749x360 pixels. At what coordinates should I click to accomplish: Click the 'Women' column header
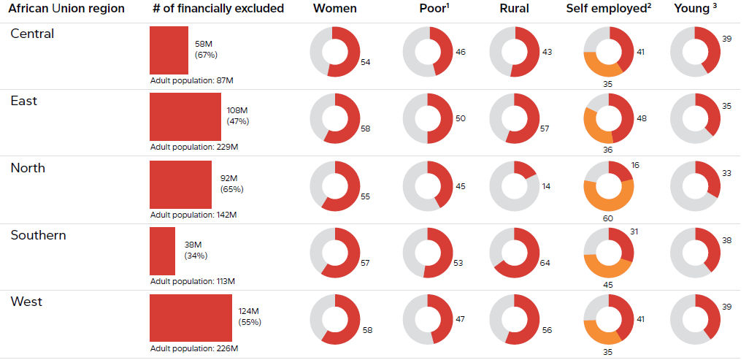tap(335, 9)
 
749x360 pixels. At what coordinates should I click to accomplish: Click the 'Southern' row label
tap(38, 235)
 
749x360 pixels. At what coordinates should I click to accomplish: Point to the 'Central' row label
tap(32, 34)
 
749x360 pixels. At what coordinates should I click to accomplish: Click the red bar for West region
tap(191, 318)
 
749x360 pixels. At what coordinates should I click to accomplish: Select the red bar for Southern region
tap(162, 250)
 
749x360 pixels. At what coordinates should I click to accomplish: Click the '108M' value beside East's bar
tap(238, 111)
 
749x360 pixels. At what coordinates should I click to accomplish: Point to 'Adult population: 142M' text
tap(193, 215)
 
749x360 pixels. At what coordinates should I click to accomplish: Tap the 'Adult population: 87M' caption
tap(191, 80)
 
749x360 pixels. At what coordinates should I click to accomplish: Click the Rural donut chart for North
tap(514, 186)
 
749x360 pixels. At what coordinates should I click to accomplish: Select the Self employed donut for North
tap(608, 186)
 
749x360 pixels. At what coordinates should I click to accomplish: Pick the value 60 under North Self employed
tap(607, 218)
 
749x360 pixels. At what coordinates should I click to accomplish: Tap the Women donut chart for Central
tap(334, 52)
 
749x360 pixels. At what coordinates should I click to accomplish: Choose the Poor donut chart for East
tap(428, 118)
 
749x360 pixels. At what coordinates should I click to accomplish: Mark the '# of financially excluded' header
tap(218, 9)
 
